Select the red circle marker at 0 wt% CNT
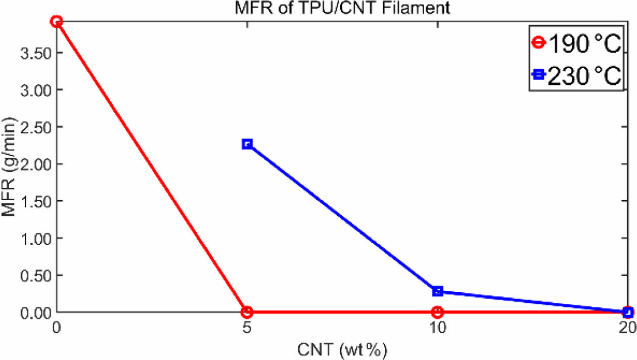click(x=57, y=21)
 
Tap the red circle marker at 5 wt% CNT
click(x=247, y=311)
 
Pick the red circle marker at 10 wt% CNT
click(x=437, y=311)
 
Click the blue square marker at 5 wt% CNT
click(x=247, y=144)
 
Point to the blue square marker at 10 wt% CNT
click(x=437, y=291)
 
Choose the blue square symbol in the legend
click(x=539, y=75)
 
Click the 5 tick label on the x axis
click(x=247, y=327)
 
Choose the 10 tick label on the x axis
click(x=437, y=327)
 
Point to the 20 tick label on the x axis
click(x=627, y=327)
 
